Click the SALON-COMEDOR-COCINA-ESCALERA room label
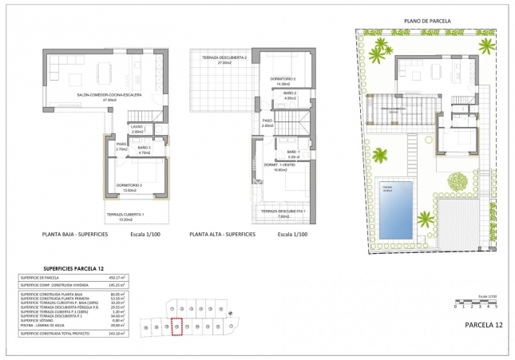coord(109,94)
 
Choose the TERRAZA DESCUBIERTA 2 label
coord(224,58)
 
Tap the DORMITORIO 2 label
coord(283,79)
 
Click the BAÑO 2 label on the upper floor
coord(289,95)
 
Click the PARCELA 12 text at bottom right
coord(484,325)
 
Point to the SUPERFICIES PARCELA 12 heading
coord(73,269)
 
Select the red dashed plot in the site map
coord(177,326)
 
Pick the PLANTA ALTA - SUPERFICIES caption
coord(222,234)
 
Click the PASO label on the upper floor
coord(267,123)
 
